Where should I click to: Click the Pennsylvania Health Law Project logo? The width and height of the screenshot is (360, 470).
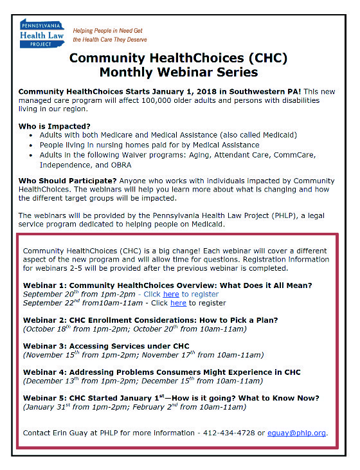[x=42, y=30]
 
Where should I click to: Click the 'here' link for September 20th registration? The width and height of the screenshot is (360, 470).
[x=171, y=294]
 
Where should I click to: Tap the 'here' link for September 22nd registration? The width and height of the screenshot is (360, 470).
[x=178, y=303]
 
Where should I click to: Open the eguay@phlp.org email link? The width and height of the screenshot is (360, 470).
[x=305, y=433]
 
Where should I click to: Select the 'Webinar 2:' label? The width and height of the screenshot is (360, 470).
[x=45, y=320]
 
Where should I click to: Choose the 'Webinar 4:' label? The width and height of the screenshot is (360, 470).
[x=45, y=372]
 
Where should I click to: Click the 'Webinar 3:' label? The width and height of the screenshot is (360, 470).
[x=45, y=346]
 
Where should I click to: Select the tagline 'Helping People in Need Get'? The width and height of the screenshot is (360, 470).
[x=107, y=30]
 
